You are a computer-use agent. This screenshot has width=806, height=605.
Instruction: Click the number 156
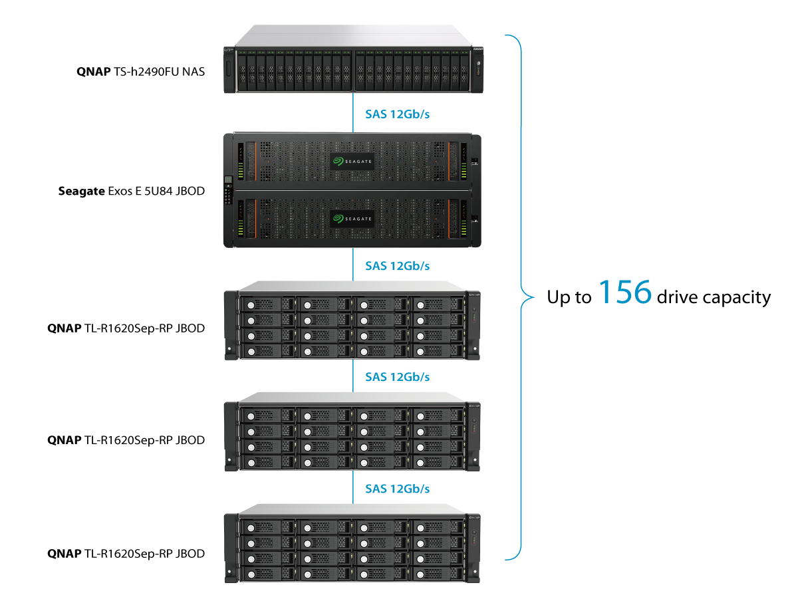tap(625, 293)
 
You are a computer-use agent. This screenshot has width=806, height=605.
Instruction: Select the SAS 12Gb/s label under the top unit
tap(397, 114)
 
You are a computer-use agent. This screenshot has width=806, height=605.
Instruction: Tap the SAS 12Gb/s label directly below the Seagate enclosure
tap(397, 266)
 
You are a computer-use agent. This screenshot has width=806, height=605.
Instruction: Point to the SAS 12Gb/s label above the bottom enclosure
tap(397, 489)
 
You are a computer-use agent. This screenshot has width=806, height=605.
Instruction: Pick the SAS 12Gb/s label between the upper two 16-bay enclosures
tap(397, 377)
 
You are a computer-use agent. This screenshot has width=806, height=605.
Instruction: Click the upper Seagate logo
tap(352, 162)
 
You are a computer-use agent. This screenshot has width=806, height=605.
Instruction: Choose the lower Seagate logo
tap(352, 218)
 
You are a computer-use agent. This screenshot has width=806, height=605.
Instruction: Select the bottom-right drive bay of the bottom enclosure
tap(438, 573)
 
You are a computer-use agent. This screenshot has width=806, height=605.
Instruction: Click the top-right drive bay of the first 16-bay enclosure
tap(438, 304)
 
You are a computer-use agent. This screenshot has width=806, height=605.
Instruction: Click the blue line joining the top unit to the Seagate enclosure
tap(353, 112)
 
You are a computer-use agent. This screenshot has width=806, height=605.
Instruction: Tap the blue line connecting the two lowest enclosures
tap(353, 487)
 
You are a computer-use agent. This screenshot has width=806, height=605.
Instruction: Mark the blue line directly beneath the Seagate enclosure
tap(353, 265)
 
